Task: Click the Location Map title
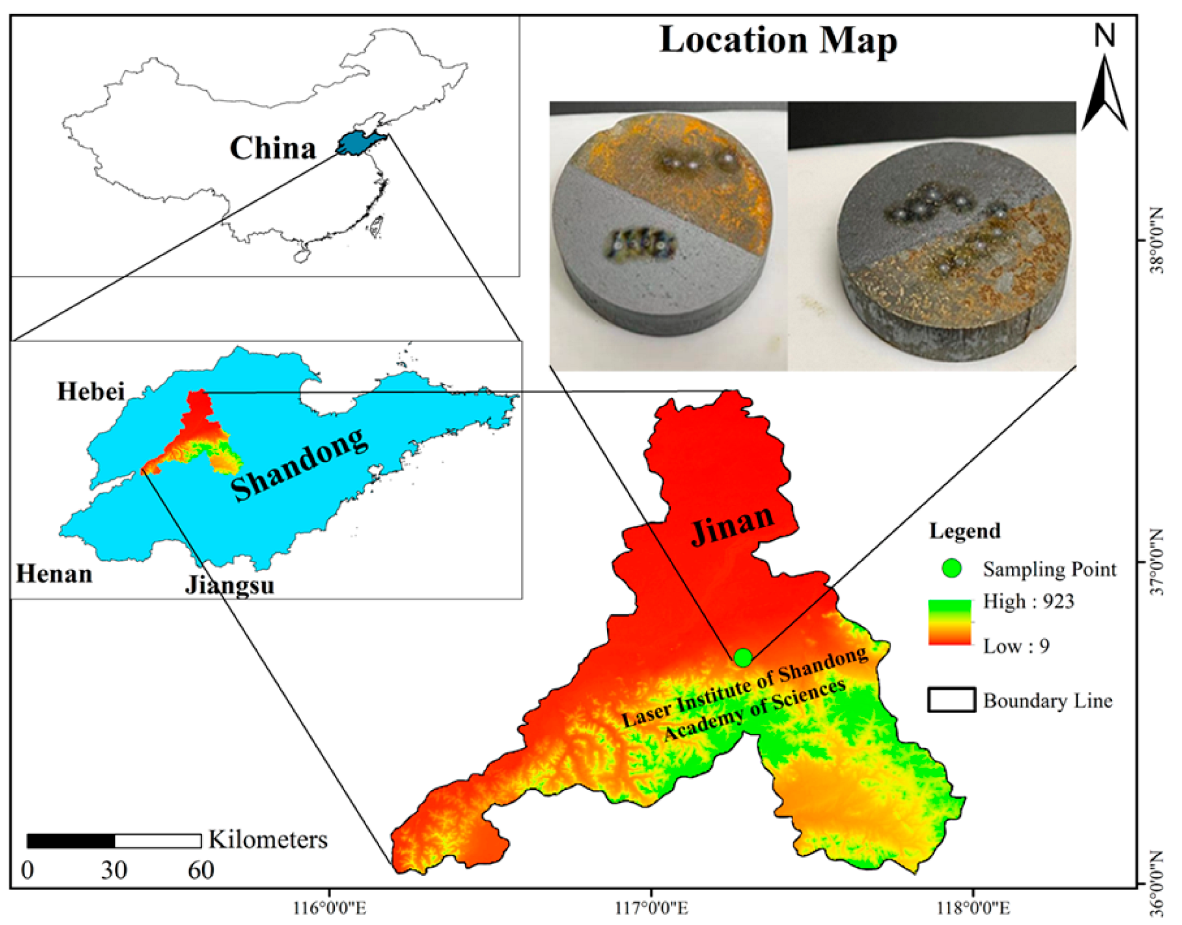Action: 777,41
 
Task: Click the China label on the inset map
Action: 273,149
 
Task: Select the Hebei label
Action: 91,391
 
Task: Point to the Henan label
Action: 54,574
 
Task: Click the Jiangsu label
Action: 230,585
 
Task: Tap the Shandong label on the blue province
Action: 300,464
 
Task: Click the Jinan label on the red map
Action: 732,523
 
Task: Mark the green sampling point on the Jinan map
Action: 743,658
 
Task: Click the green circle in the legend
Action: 951,569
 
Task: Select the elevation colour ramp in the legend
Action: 950,622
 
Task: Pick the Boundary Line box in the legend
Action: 951,700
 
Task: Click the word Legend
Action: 965,531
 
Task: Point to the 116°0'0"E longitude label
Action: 329,908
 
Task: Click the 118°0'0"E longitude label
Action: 973,908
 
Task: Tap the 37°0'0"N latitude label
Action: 1157,562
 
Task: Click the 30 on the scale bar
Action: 114,870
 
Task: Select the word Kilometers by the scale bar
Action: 268,840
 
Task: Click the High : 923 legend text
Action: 1028,601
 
